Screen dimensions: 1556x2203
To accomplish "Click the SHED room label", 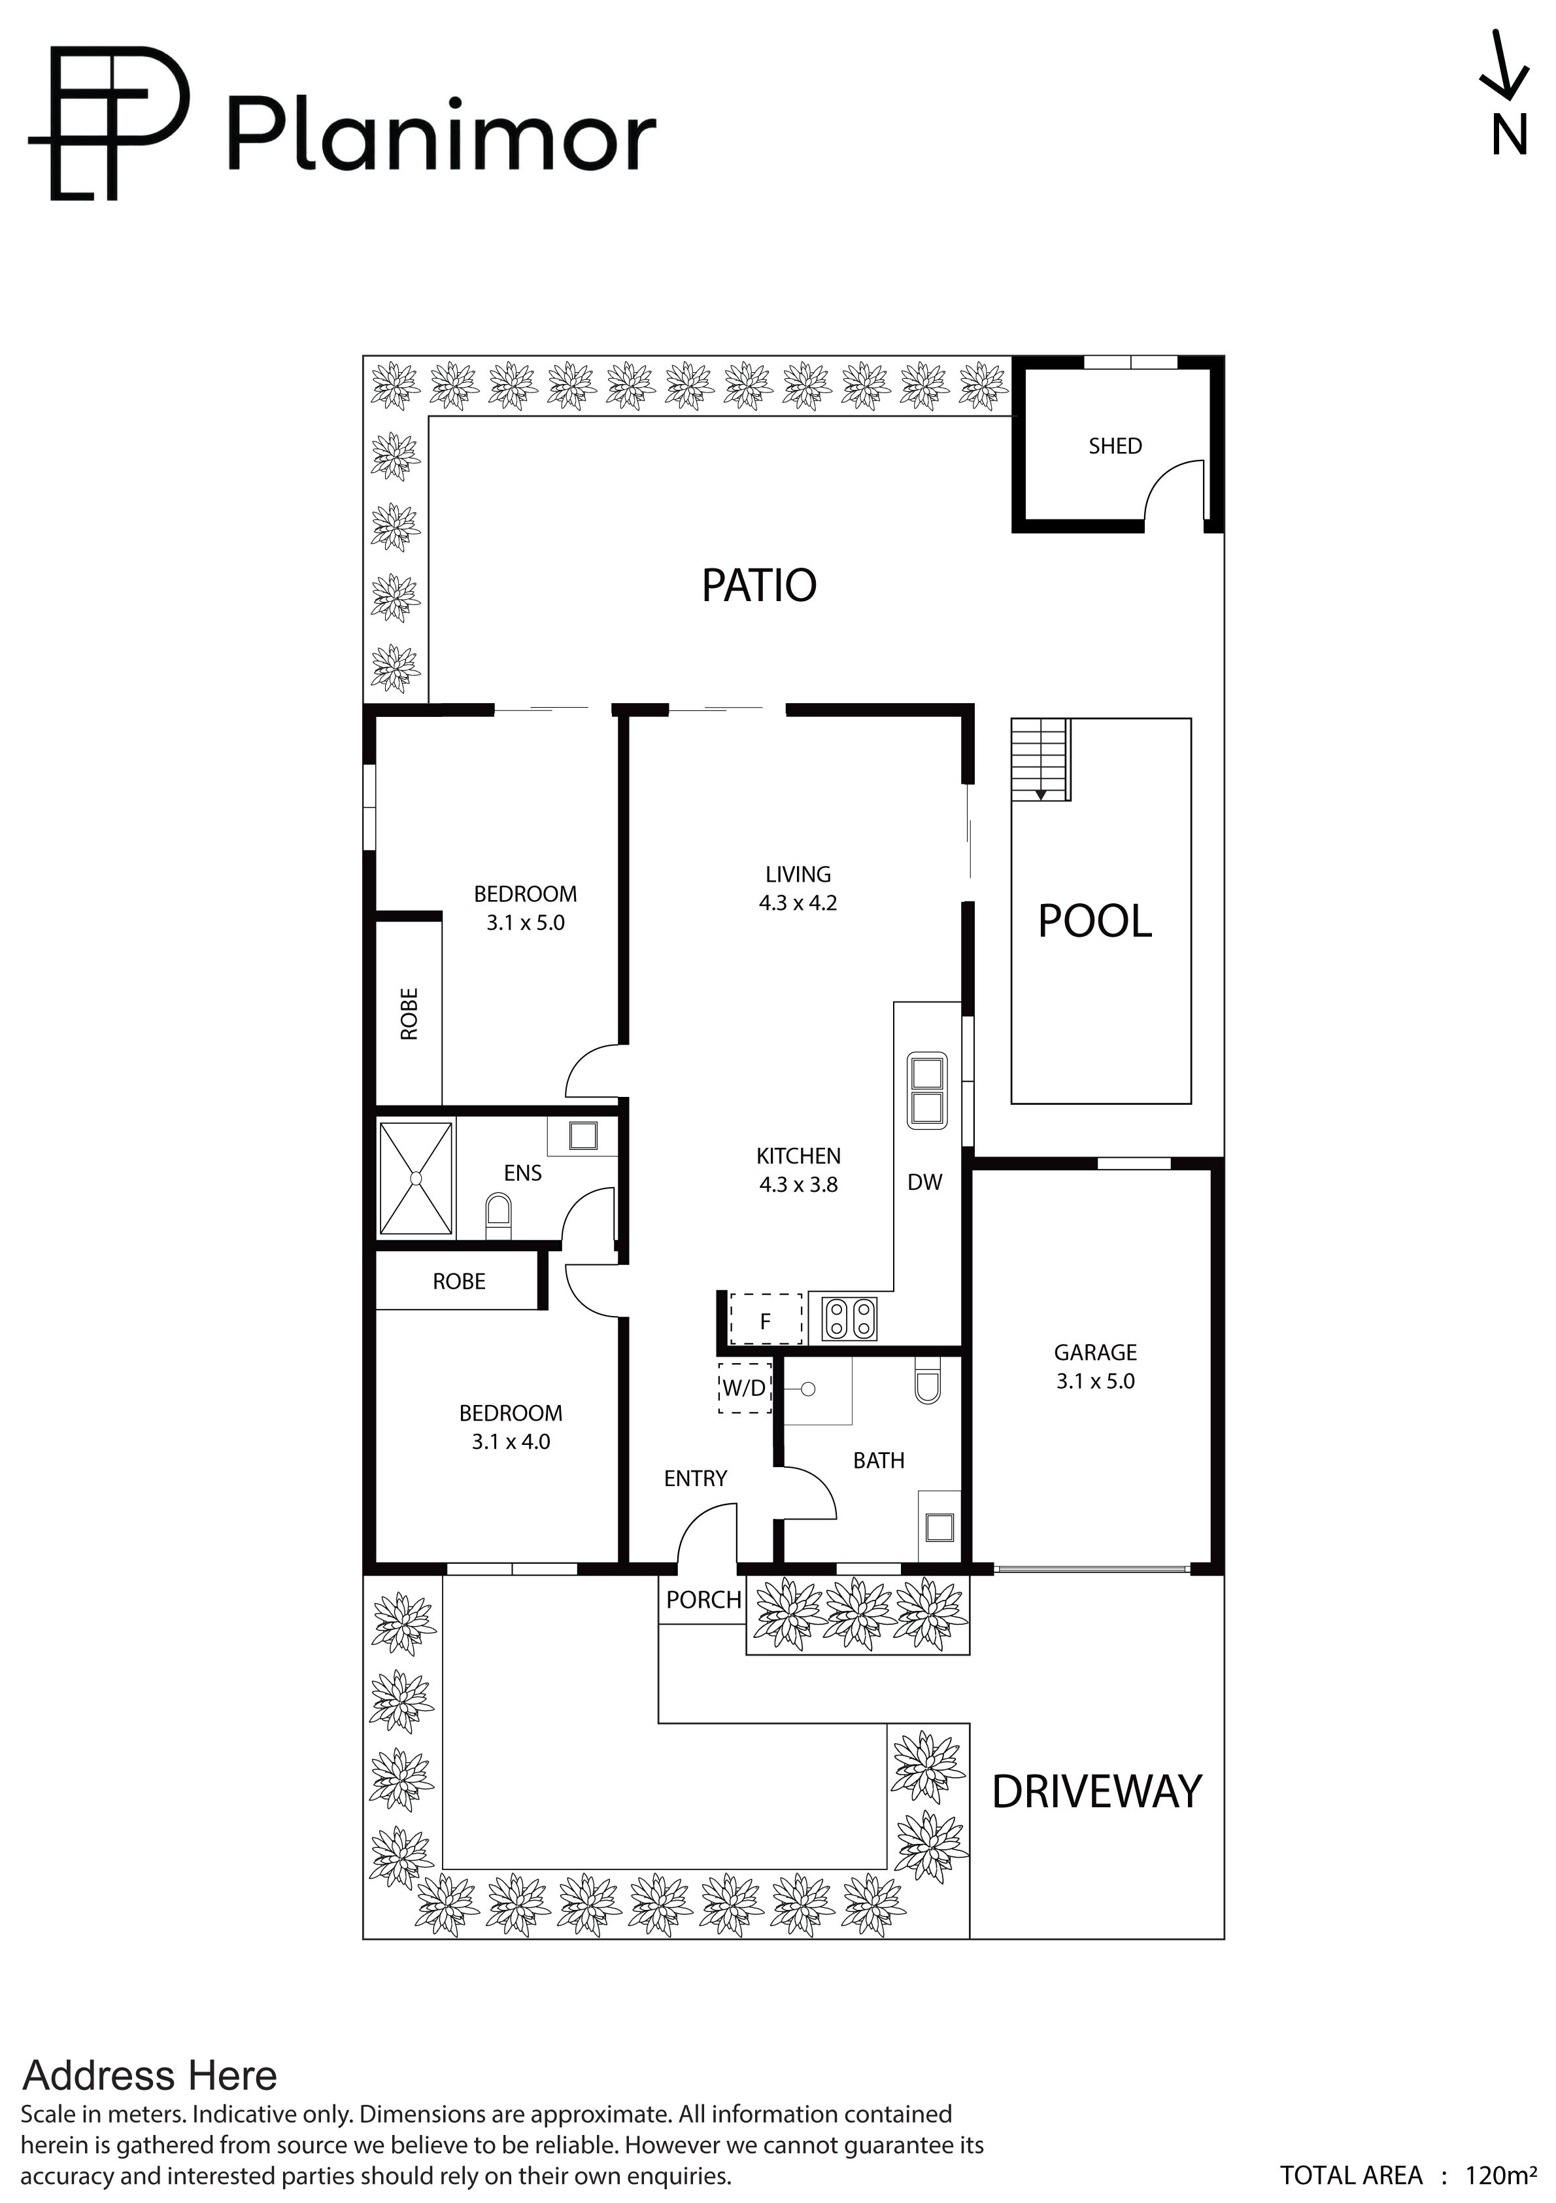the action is (1115, 446).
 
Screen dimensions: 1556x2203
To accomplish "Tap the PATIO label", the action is (759, 585).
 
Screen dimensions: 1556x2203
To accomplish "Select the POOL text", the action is (1094, 921).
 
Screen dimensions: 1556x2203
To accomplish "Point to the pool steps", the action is (1041, 760).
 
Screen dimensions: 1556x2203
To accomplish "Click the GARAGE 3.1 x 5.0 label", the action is (1096, 1366).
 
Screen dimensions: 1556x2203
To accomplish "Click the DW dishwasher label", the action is (925, 1182).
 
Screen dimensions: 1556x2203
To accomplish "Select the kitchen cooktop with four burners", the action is (850, 1317).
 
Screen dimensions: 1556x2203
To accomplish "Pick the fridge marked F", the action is (766, 1319).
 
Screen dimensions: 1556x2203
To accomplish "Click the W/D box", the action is (745, 1387).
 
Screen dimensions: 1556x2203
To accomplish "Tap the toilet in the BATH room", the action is (928, 1379).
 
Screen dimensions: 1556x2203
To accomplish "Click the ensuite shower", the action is (416, 1177).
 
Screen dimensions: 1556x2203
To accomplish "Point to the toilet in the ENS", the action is (499, 1212).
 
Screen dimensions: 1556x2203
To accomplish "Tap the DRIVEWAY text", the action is (1096, 1792).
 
